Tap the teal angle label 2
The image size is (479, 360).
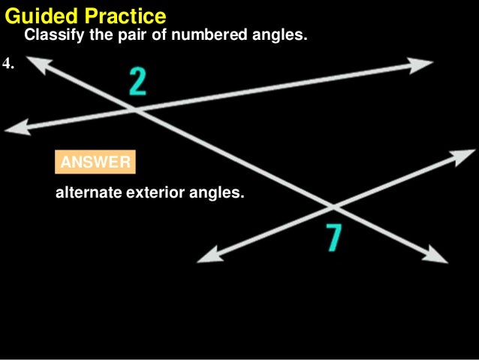click(137, 81)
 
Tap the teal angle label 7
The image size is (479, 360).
click(334, 237)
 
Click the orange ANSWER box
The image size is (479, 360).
click(95, 162)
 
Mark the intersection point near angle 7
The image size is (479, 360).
click(331, 205)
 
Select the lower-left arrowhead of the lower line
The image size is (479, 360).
click(204, 259)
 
